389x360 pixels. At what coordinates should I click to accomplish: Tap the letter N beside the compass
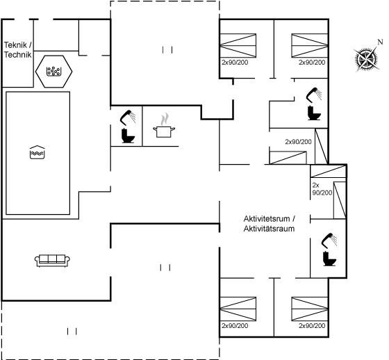pos(380,42)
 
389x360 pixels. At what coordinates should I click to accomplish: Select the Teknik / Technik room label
pos(18,50)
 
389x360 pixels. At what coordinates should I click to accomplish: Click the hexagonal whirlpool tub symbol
pos(54,72)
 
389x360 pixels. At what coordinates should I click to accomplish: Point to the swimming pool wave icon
pos(37,152)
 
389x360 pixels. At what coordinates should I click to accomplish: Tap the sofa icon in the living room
pos(52,261)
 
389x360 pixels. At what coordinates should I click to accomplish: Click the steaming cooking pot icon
pos(164,126)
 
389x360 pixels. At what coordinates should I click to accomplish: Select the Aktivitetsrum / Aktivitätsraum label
pos(270,224)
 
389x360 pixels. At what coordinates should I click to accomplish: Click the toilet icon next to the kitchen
pos(128,136)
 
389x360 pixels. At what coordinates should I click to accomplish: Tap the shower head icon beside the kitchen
pos(128,117)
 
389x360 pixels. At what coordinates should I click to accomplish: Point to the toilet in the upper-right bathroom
pos(314,113)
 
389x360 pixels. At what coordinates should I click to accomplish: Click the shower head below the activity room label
pos(329,240)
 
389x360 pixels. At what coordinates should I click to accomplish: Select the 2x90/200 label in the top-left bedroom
pos(235,63)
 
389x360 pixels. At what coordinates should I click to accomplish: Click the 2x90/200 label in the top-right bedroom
pos(312,63)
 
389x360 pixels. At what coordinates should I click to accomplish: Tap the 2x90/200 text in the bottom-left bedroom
pos(235,325)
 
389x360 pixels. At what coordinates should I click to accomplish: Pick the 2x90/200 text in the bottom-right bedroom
pos(312,325)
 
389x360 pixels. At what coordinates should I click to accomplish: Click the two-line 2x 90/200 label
pos(322,189)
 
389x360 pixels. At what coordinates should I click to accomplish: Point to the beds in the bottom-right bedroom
pos(310,309)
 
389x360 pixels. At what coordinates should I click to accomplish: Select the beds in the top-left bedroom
pos(238,45)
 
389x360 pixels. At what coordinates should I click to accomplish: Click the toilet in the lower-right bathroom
pos(329,259)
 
